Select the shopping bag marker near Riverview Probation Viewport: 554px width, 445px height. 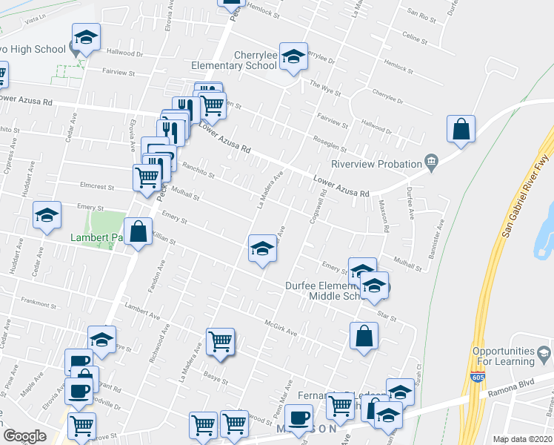tap(461, 129)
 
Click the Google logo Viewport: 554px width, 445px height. tap(24, 436)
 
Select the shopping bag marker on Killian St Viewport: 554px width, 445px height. tap(138, 231)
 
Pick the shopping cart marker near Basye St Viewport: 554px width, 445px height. tap(221, 342)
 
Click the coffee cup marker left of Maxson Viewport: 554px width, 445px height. tap(298, 418)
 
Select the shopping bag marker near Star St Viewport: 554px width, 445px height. tap(364, 336)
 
